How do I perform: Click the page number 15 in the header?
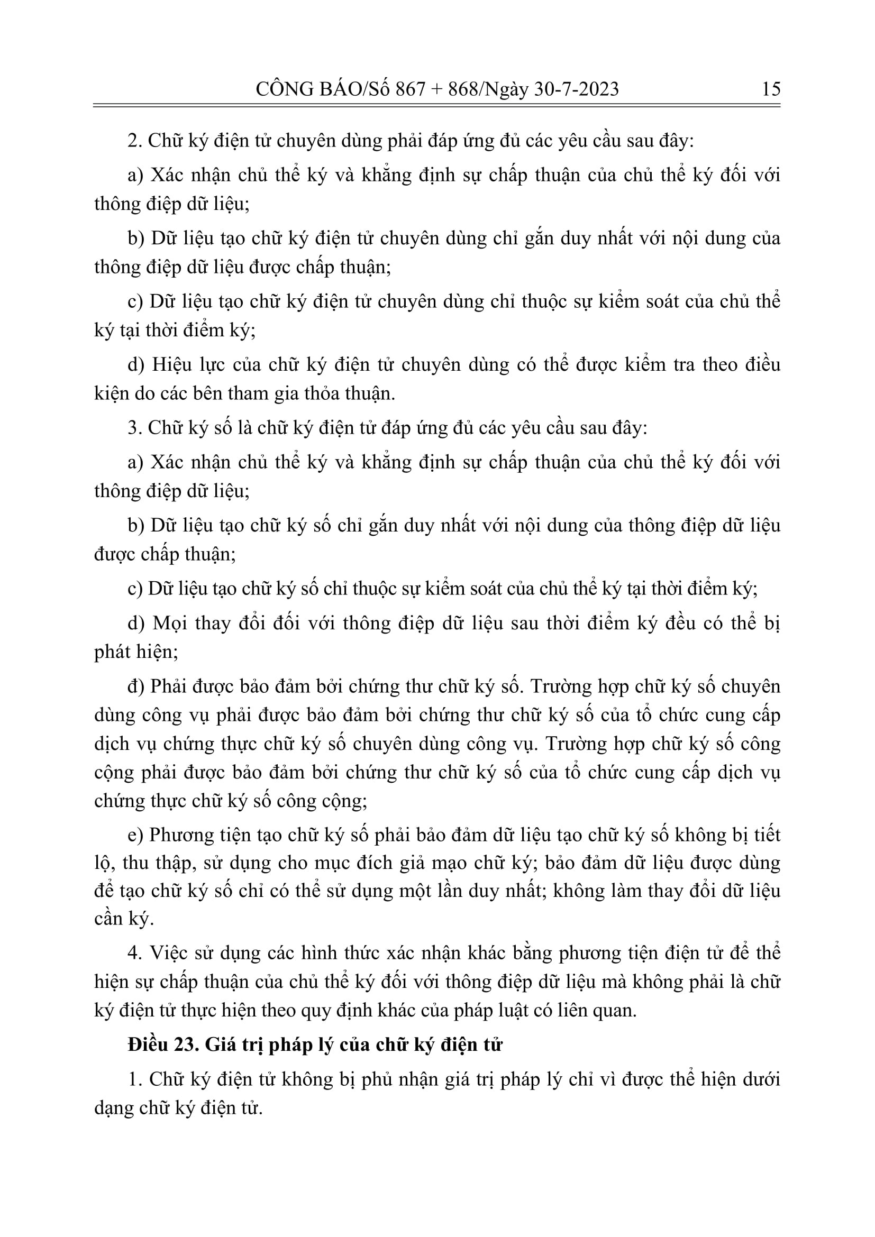(x=771, y=88)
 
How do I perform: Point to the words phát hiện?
(x=136, y=653)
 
